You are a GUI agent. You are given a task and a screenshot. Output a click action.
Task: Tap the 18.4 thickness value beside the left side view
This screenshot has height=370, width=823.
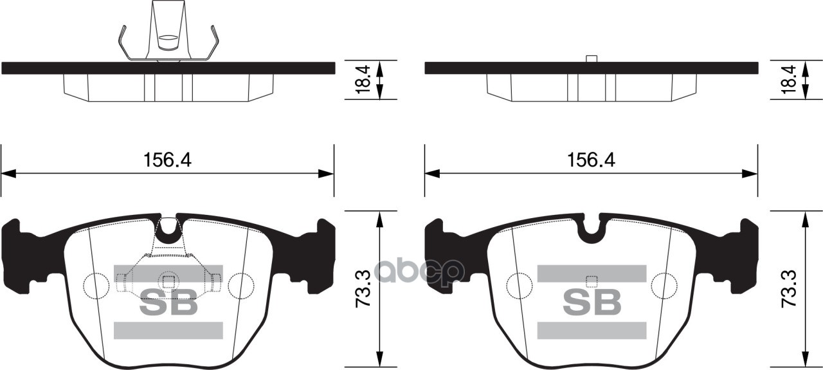point(363,80)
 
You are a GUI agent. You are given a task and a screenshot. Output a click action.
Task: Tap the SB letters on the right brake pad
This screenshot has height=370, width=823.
point(592,302)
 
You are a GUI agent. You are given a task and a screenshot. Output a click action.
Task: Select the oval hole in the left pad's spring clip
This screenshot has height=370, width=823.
point(168,39)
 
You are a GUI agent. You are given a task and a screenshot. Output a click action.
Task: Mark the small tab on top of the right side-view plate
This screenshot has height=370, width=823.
point(592,59)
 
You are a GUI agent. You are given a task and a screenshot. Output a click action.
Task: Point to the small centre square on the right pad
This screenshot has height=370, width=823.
point(592,281)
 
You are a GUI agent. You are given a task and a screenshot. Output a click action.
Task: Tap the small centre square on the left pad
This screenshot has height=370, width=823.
point(168,281)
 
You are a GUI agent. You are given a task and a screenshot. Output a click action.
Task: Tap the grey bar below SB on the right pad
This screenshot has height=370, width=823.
point(592,330)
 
